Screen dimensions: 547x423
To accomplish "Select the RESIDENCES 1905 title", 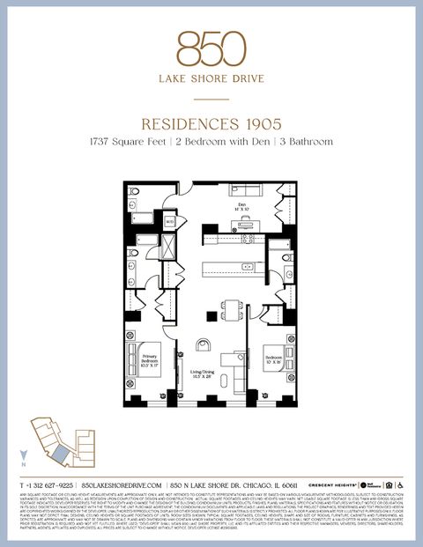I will pos(211,124).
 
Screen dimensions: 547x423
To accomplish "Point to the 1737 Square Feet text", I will pos(123,141).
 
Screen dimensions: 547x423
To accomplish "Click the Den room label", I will pos(242,205).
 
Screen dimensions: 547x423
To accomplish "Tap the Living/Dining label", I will pos(205,374).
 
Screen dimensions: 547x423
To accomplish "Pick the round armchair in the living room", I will pos(204,346).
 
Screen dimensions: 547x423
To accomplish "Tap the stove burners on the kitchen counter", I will pos(248,237).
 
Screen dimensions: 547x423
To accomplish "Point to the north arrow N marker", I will pos(24,459).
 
